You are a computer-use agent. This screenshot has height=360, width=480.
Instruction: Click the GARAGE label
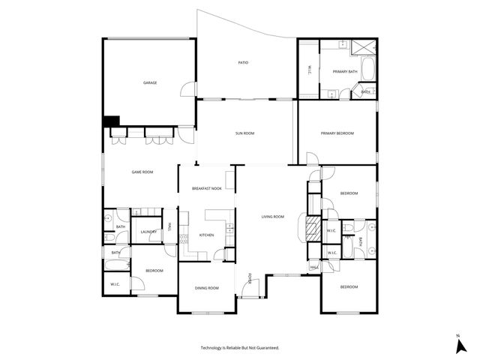[x=150, y=82]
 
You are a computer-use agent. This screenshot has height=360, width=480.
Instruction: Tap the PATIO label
[x=243, y=62]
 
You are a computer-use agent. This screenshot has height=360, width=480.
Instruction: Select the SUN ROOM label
[x=244, y=133]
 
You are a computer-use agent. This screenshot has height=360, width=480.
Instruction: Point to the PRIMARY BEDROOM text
[x=337, y=133]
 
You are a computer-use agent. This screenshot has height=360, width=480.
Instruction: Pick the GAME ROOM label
[x=142, y=172]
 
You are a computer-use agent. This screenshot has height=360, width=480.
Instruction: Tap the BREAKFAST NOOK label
[x=206, y=188]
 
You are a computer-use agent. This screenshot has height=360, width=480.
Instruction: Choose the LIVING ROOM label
[x=272, y=217]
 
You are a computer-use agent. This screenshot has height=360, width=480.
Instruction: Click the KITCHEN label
[x=206, y=235]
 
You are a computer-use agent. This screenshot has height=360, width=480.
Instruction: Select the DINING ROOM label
[x=206, y=288]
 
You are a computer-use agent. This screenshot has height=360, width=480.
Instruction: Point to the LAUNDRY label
[x=148, y=232]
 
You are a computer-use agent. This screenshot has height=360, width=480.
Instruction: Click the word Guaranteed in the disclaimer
[x=266, y=348]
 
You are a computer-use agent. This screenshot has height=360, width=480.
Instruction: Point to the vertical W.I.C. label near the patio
[x=309, y=70]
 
